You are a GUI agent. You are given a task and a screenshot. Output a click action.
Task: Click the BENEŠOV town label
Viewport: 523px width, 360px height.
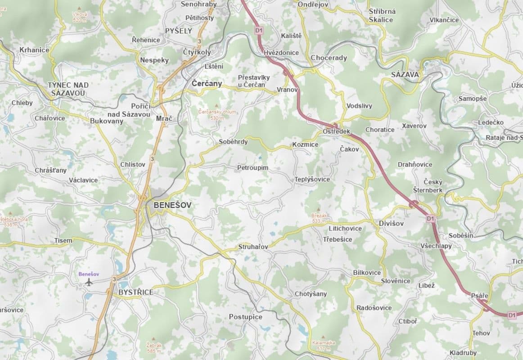pos(172,205)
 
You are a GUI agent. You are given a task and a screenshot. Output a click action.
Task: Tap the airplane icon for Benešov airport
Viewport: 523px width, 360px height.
pos(89,282)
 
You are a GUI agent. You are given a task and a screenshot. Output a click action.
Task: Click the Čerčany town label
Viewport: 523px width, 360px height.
pos(207,84)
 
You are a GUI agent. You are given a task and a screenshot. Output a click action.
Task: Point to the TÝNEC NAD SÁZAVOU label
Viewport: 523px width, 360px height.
pos(68,89)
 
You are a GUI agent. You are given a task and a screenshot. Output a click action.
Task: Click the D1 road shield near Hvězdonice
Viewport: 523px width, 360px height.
pos(258,30)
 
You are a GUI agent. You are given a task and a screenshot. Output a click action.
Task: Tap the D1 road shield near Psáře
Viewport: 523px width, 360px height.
pos(511,315)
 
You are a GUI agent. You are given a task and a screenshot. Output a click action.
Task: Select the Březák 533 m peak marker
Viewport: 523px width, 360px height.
pos(320,210)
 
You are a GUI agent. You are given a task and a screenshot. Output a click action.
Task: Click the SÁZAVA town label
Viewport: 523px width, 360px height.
pos(405,74)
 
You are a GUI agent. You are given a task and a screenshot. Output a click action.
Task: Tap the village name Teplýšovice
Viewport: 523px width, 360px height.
pos(312,179)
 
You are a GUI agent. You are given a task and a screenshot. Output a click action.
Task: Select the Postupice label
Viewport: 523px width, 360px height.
pos(245,317)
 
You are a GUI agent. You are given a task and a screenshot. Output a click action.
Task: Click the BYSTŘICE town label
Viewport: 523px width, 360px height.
pos(136,292)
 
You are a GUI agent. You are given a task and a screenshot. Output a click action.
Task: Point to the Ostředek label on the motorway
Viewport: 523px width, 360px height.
pos(336,131)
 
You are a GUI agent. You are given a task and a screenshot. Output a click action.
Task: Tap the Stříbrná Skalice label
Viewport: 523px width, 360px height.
pos(382,15)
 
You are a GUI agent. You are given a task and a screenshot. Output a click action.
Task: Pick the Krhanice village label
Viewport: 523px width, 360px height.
pos(34,50)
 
